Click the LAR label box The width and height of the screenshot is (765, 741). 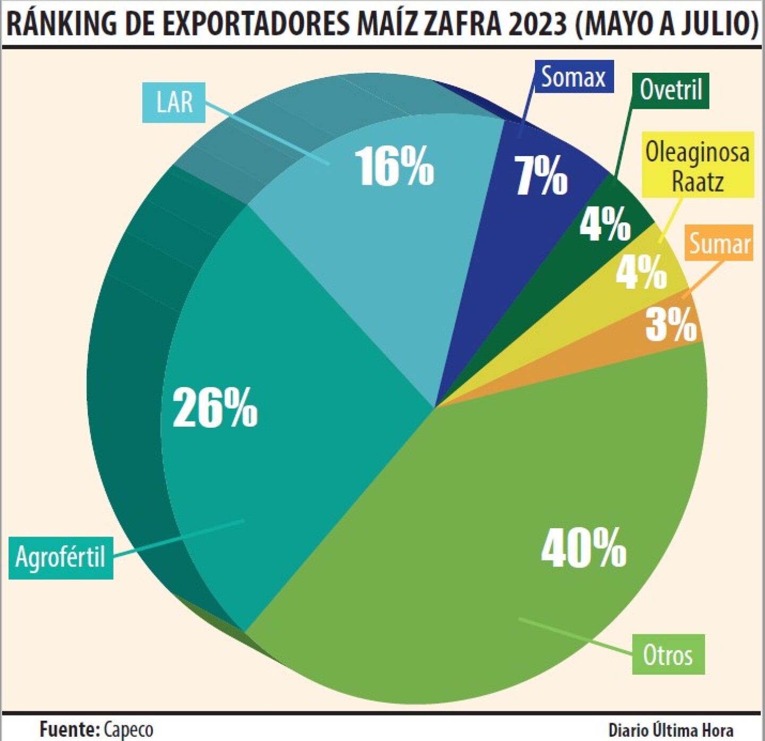(174, 102)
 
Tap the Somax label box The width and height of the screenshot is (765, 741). (573, 77)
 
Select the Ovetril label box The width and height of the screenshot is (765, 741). (671, 90)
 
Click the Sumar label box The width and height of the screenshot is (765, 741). (720, 244)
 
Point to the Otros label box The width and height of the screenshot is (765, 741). (668, 654)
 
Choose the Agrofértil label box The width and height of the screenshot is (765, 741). (61, 557)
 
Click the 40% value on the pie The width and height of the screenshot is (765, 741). (583, 548)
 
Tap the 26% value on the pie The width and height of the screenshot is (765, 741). (215, 408)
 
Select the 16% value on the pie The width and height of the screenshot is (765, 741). (394, 167)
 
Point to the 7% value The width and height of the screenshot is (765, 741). (541, 176)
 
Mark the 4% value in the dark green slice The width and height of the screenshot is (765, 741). (605, 223)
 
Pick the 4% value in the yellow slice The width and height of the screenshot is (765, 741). (641, 272)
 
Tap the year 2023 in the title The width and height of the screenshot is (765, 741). (537, 24)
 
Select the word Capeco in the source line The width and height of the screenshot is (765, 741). (129, 729)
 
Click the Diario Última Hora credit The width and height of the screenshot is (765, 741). (670, 730)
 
